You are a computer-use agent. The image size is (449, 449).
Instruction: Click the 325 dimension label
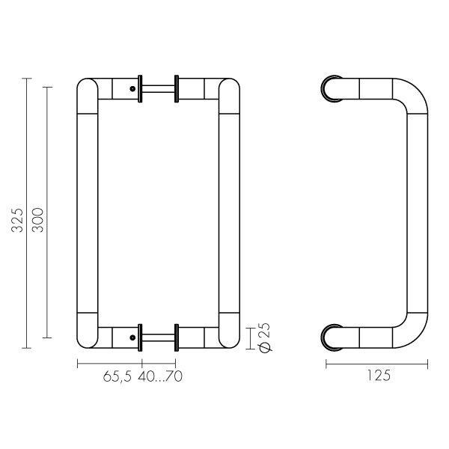tap(17, 220)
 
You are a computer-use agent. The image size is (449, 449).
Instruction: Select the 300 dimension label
tap(37, 220)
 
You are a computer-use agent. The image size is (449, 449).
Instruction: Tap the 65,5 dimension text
tap(117, 376)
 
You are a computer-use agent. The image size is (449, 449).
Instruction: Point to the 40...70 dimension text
tap(160, 376)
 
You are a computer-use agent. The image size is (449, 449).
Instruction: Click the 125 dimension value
tap(379, 376)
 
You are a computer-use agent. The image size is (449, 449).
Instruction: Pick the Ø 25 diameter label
tap(265, 337)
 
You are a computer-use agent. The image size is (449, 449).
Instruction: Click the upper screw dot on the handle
tap(132, 89)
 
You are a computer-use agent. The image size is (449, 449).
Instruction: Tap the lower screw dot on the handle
tap(132, 337)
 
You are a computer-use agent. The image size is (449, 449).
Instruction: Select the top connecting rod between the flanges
tap(158, 89)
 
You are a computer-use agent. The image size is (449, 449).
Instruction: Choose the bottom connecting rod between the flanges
tap(158, 337)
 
